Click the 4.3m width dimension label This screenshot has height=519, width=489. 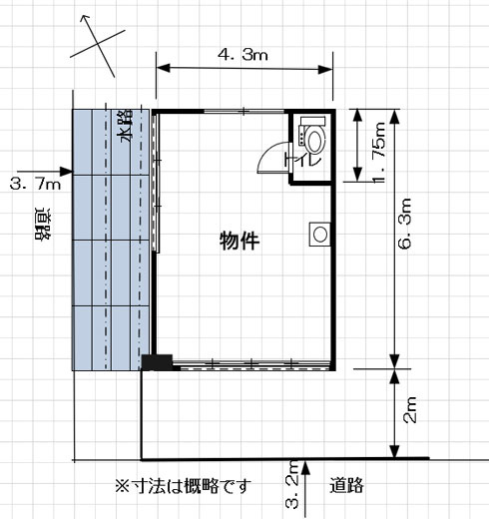243,56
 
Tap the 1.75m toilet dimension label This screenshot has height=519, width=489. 378,147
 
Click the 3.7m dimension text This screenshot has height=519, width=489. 35,184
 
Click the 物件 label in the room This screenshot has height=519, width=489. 240,241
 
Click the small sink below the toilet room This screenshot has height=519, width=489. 319,234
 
